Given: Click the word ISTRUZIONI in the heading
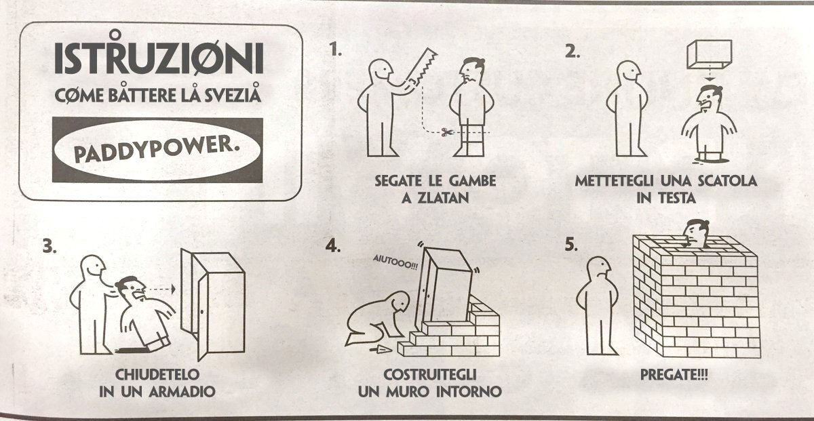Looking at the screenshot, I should pos(158,60).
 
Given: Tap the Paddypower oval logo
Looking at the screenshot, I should pos(157,150).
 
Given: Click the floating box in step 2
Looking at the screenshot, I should pos(708,54).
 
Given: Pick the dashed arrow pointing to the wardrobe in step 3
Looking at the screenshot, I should pos(161,289).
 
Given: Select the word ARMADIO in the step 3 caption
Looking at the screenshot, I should pos(182,391).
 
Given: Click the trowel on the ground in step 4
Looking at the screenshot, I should pos(382,350).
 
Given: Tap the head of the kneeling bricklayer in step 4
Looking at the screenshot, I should pos(397,302).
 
